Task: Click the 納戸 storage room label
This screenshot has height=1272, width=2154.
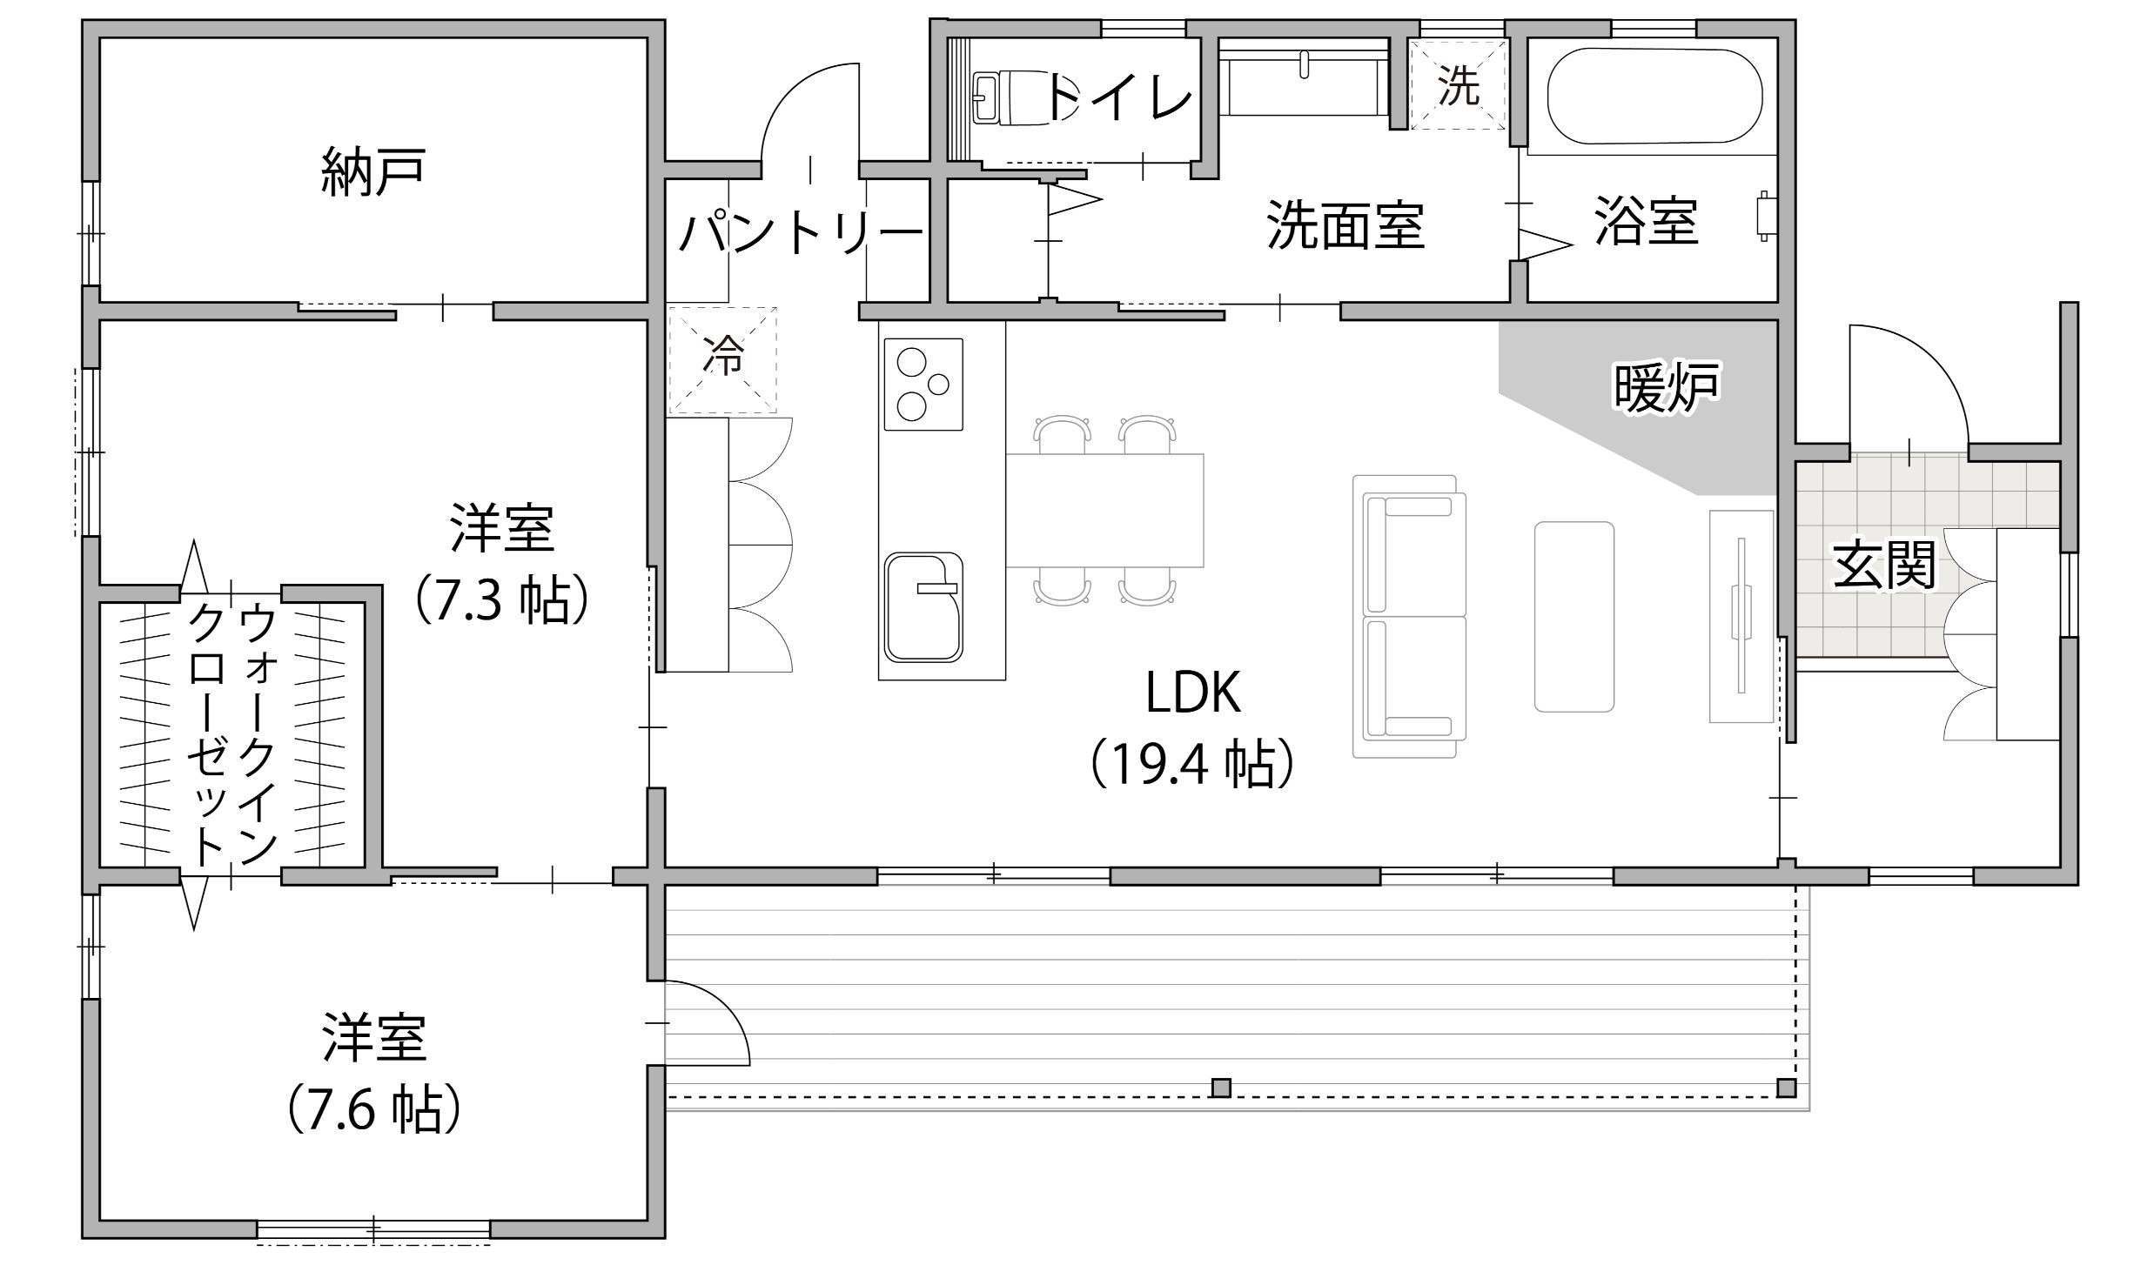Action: (x=372, y=172)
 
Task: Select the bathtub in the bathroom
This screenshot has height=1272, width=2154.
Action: (x=1654, y=96)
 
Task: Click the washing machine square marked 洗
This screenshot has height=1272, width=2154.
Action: (x=1458, y=85)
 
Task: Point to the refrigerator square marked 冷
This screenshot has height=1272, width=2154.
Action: (x=722, y=358)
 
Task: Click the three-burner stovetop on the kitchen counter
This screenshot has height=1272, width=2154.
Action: (x=923, y=384)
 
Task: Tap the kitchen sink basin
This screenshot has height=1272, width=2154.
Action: (x=923, y=607)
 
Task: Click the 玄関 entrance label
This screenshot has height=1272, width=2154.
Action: (x=1884, y=566)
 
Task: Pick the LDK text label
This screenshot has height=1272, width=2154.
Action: (x=1192, y=693)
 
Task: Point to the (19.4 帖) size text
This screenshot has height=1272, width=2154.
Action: (x=1192, y=765)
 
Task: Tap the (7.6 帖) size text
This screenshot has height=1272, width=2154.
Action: (x=373, y=1108)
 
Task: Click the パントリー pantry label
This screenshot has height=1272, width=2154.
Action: (x=801, y=233)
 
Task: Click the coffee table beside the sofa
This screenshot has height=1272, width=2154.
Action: (x=1574, y=617)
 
